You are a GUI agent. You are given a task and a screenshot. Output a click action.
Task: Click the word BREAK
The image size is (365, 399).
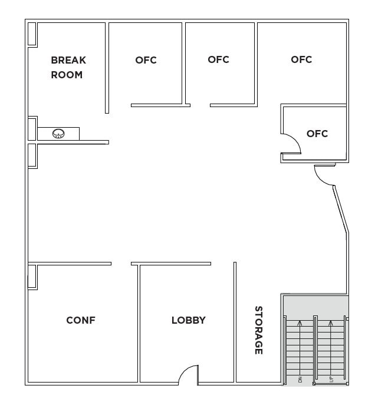68,60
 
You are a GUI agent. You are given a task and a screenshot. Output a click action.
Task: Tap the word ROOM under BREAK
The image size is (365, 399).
67,75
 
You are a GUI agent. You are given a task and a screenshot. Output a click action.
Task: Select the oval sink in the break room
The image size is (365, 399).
58,134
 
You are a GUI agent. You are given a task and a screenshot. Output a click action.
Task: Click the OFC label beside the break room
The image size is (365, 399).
146,60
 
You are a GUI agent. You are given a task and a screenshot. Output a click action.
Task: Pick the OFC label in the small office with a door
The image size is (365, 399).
317,134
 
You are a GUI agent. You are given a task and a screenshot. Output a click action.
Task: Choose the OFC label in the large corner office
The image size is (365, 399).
301,59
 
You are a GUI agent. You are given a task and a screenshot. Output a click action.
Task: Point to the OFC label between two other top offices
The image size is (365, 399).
218,59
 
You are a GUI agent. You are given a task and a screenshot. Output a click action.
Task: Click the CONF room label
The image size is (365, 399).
81,320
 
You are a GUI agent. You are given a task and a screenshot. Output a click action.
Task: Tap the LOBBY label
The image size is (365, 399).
189,320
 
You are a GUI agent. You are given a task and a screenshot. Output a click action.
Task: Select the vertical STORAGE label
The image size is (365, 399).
258,330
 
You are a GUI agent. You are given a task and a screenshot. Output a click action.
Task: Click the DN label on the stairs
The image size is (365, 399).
300,380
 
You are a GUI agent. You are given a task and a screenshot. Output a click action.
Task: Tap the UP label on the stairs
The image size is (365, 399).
331,380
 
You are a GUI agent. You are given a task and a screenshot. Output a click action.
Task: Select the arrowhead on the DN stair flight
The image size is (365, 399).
300,322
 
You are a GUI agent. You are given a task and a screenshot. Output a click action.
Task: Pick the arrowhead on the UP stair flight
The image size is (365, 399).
331,322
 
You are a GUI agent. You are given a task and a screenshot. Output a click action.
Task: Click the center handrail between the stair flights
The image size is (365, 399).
315,350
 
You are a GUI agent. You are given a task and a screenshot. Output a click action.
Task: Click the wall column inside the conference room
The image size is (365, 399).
32,277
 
